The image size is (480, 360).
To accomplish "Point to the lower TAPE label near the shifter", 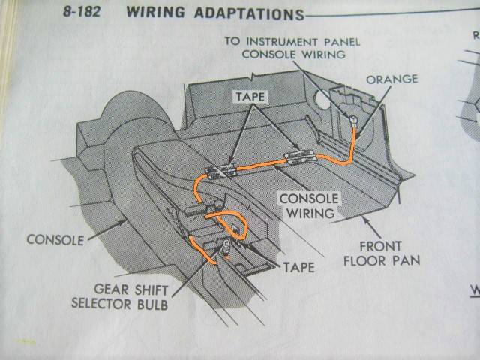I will (x=298, y=265).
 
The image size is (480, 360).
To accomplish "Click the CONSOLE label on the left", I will (x=53, y=240).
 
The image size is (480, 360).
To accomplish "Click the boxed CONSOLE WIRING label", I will (x=307, y=206).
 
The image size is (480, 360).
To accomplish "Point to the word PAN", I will (x=409, y=261).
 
